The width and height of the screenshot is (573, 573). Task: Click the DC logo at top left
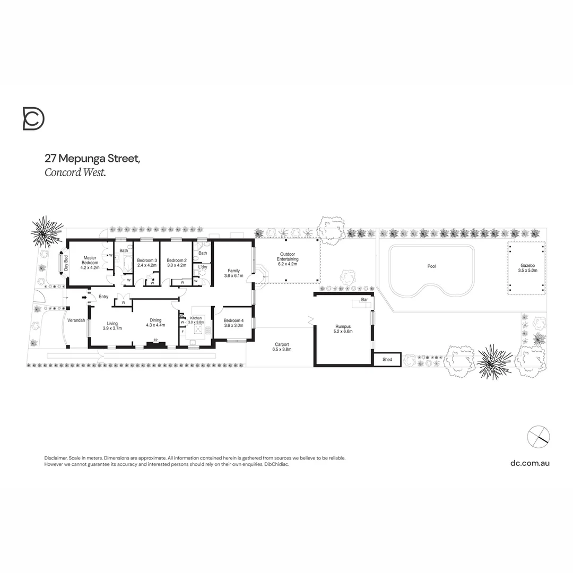pyautogui.click(x=33, y=118)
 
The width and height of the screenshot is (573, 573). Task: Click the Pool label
pyautogui.click(x=431, y=266)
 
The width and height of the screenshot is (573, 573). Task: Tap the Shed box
pyautogui.click(x=387, y=360)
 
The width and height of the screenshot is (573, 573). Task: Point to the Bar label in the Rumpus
pyautogui.click(x=364, y=300)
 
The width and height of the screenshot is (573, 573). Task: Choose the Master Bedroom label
pyautogui.click(x=90, y=260)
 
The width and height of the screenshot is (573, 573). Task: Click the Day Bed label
pyautogui.click(x=67, y=263)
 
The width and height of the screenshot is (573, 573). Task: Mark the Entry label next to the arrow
pyautogui.click(x=103, y=297)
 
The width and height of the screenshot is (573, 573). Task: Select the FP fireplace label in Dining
pyautogui.click(x=155, y=340)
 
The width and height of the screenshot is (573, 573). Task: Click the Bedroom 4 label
pyautogui.click(x=233, y=320)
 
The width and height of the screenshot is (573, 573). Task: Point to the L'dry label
pyautogui.click(x=203, y=266)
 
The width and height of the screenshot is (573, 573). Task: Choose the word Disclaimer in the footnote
pyautogui.click(x=55, y=458)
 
